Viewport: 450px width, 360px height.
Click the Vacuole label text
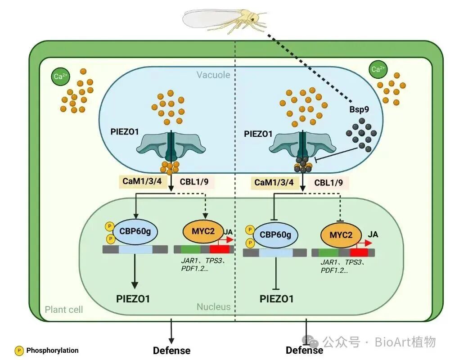(213, 75)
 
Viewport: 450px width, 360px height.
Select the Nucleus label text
(213, 307)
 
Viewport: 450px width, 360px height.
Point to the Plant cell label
(64, 310)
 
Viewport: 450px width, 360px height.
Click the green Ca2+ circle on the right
(378, 69)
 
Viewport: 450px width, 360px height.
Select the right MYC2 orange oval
(342, 235)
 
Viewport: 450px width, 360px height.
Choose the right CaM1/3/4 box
(274, 182)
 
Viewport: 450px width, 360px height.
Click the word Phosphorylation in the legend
(52, 350)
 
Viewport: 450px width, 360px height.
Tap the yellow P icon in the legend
(19, 350)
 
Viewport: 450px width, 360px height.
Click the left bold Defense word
(171, 351)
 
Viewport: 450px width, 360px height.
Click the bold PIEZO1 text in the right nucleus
(277, 299)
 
